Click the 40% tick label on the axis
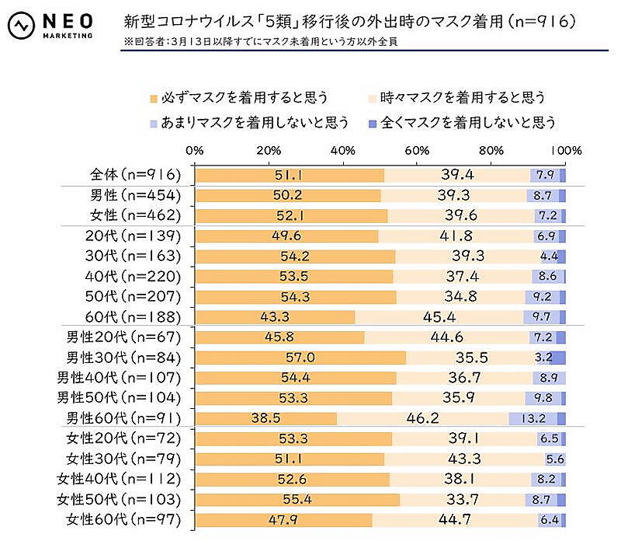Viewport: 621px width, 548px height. pos(342,150)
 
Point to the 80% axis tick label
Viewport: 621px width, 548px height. pos(491,150)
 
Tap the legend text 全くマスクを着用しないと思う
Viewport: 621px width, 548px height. pos(469,123)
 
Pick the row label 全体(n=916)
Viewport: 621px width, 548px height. pos(134,175)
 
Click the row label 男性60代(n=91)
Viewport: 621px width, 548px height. pos(124,418)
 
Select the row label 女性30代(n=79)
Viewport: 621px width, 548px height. pos(124,459)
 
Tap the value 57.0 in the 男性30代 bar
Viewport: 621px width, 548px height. pos(300,358)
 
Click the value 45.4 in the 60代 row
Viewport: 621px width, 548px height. pos(439,317)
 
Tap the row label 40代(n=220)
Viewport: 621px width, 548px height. pos(134,276)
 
